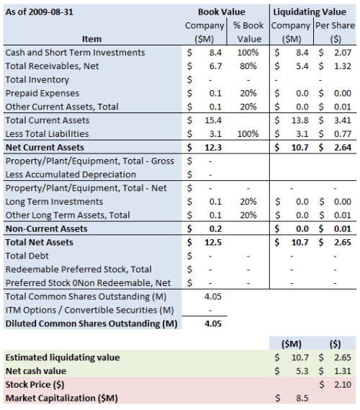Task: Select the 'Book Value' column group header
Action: [x=221, y=12]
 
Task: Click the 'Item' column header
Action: [x=91, y=39]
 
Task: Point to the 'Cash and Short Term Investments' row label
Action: [x=75, y=53]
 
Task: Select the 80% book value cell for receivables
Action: [x=250, y=66]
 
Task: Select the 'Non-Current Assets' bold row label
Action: [x=46, y=228]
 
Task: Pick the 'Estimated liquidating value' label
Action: [x=63, y=357]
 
